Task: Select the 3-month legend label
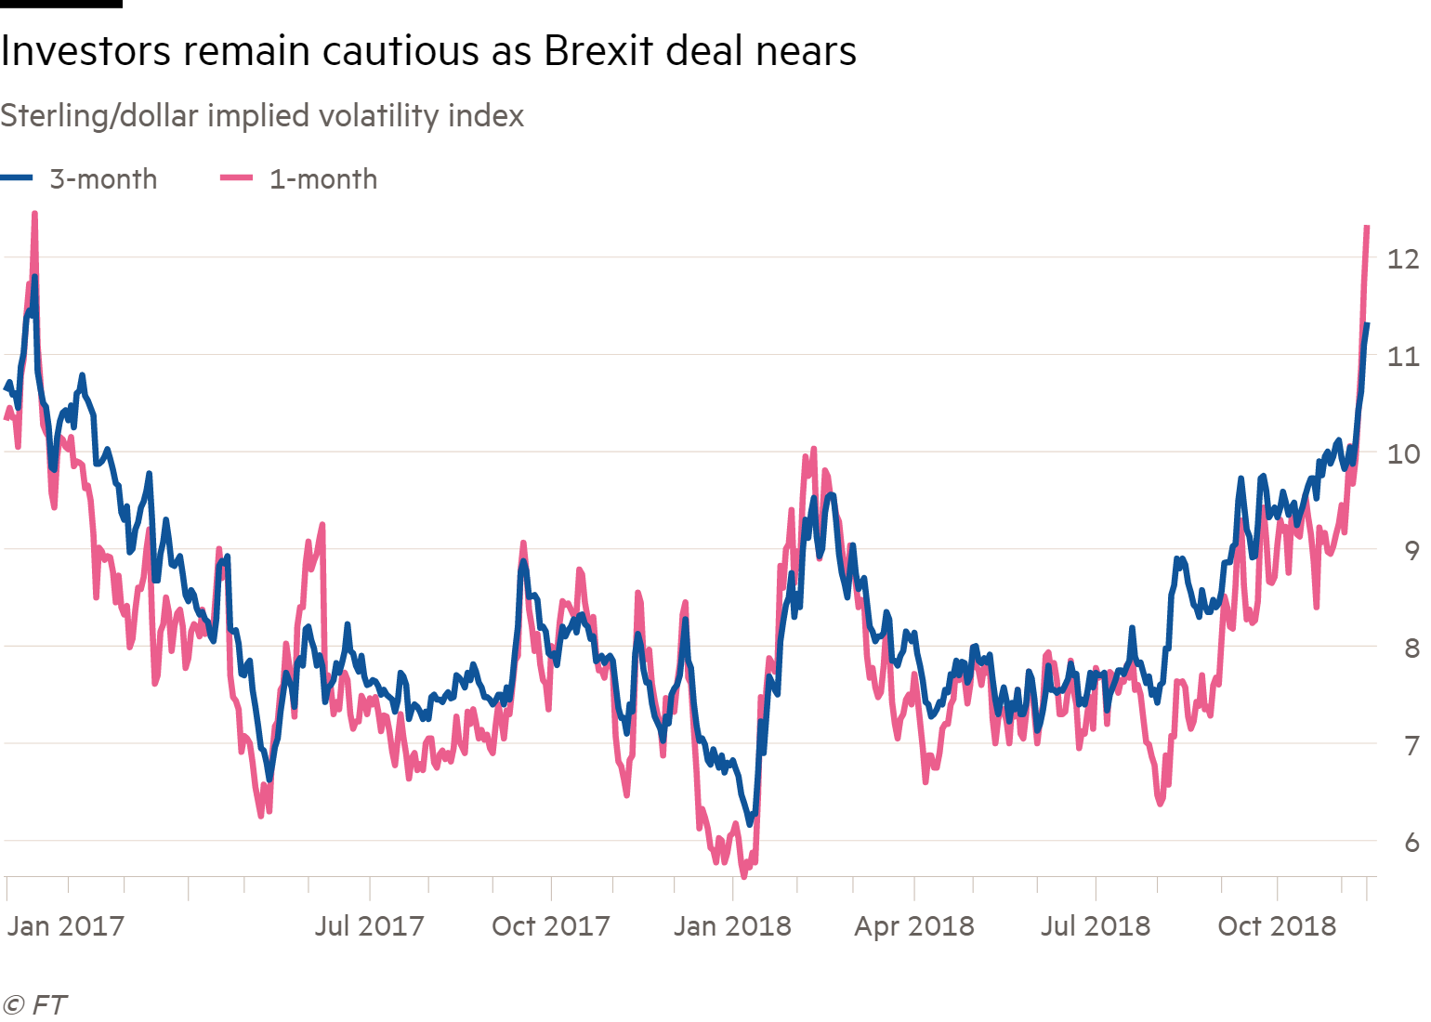point(103,179)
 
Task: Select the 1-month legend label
point(323,179)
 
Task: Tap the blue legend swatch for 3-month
point(17,178)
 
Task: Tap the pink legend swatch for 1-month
point(236,178)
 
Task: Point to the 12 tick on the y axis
point(1402,258)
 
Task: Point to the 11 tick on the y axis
point(1402,356)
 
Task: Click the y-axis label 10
point(1402,453)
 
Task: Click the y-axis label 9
point(1411,551)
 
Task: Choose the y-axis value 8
point(1411,648)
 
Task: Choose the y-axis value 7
point(1411,745)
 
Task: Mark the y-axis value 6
point(1411,842)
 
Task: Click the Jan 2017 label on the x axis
point(66,926)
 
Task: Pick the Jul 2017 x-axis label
point(369,926)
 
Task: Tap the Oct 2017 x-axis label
point(550,926)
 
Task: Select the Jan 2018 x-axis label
point(732,926)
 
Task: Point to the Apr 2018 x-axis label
point(914,926)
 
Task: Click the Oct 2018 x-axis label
point(1277,926)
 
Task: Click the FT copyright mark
point(35,1005)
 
